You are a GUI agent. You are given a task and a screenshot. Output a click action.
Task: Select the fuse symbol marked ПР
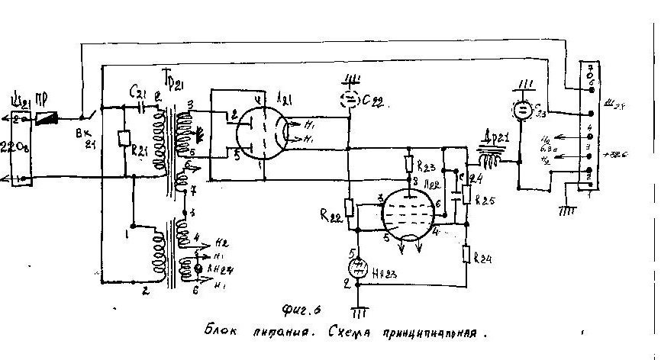[47, 119]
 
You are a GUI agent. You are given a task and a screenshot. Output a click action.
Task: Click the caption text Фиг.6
[299, 308]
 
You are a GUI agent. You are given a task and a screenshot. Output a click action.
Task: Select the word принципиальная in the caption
[424, 333]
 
